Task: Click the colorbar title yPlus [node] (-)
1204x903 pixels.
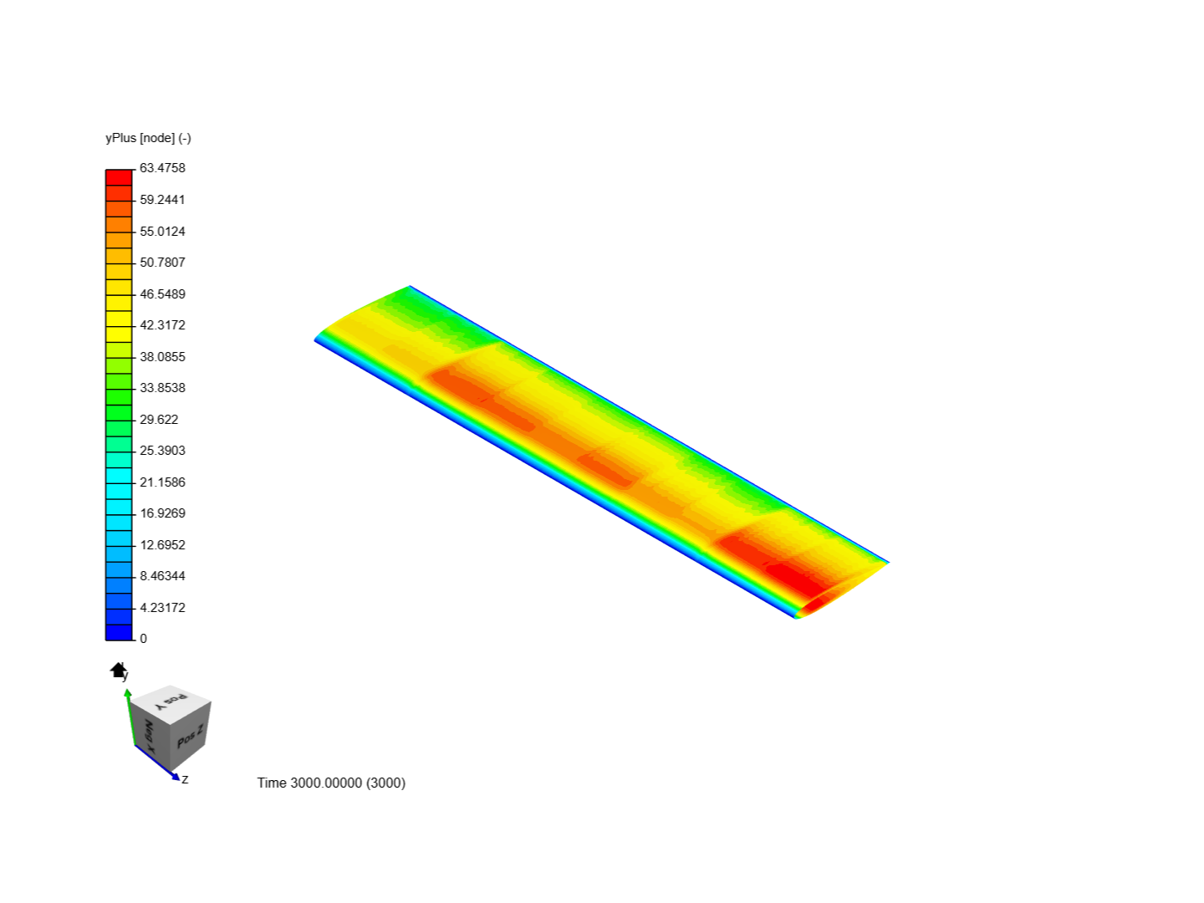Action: click(x=148, y=138)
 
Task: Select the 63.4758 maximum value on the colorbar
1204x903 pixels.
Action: click(x=162, y=168)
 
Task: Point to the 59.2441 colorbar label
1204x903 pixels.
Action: click(x=162, y=200)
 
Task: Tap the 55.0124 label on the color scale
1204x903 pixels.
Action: click(x=162, y=232)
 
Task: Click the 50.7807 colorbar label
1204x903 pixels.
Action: click(x=162, y=263)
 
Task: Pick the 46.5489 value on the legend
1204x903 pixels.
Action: click(x=162, y=294)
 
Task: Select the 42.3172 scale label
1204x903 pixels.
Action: click(x=162, y=325)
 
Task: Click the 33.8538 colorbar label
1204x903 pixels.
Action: click(x=162, y=388)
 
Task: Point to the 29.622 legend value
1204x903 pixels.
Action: click(x=159, y=420)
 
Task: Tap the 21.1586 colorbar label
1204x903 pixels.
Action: click(x=162, y=482)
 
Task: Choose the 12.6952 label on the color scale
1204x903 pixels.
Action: click(x=162, y=545)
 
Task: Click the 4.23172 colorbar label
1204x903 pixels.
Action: click(x=162, y=608)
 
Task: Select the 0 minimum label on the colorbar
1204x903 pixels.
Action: click(x=143, y=639)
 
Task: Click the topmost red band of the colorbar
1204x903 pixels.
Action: click(x=119, y=177)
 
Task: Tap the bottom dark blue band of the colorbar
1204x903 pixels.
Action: click(x=119, y=632)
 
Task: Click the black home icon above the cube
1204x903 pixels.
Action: click(x=118, y=670)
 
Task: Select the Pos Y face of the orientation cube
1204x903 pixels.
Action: click(x=171, y=701)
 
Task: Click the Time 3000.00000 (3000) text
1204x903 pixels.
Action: click(x=331, y=783)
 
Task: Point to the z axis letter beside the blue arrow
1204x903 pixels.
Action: click(x=185, y=779)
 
